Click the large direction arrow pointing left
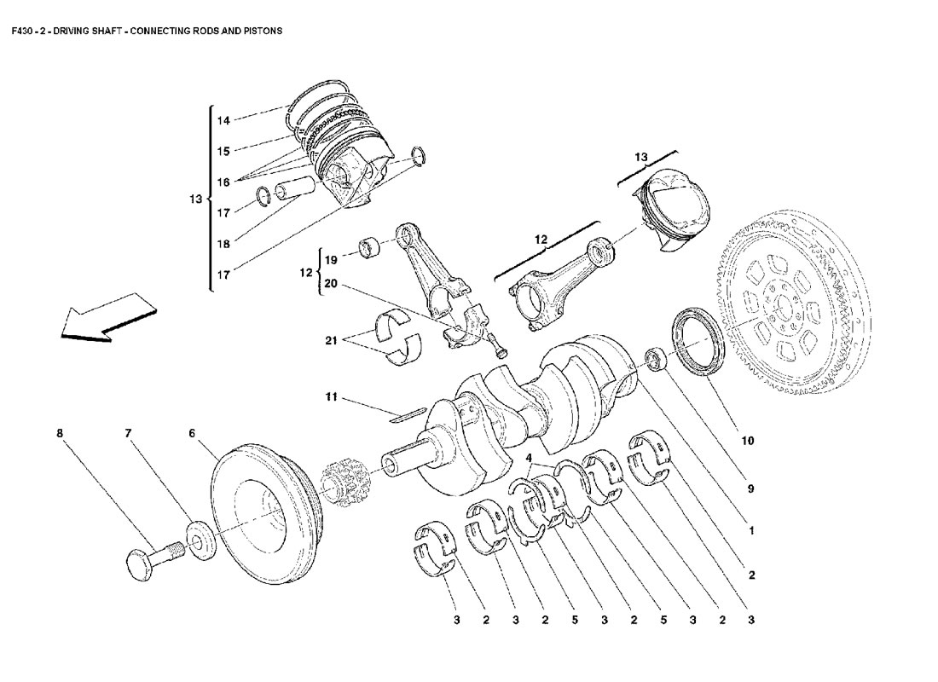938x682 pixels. pos(107,317)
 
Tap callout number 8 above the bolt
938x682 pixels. pos(59,432)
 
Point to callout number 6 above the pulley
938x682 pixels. pos(191,432)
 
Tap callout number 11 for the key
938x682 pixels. pos(332,396)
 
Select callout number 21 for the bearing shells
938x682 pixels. pos(332,340)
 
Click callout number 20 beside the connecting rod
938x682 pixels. pos(331,284)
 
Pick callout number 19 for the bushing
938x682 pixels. pos(331,260)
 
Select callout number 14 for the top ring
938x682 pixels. pos(223,120)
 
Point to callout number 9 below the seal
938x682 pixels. pos(750,488)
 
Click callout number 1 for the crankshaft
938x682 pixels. pos(751,530)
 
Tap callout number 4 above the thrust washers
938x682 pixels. pos(529,458)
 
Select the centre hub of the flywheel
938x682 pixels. pos(783,307)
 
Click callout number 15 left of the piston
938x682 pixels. pos(223,152)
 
